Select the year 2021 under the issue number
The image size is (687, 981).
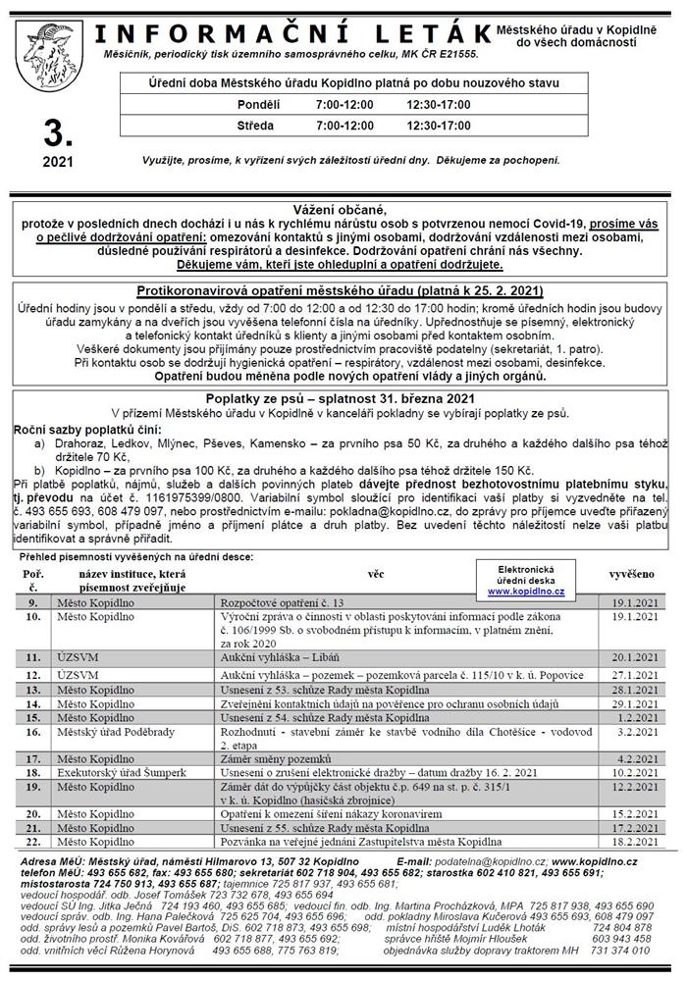pos(50,161)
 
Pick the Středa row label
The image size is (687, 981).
pos(255,126)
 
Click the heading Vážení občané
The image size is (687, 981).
pos(347,210)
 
